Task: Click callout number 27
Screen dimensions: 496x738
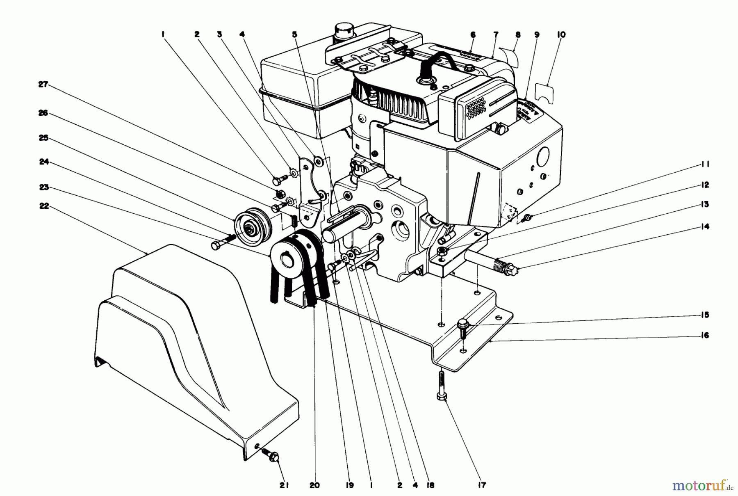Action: click(x=43, y=85)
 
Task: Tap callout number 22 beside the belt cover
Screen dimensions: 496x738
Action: click(x=43, y=206)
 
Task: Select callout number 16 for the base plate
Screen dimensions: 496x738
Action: click(x=705, y=335)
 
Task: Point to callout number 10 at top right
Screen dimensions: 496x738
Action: click(x=561, y=35)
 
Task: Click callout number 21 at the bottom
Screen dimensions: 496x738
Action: click(x=284, y=485)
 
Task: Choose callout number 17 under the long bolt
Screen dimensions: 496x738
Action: click(x=482, y=485)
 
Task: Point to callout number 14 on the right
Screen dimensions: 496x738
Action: click(x=705, y=226)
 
